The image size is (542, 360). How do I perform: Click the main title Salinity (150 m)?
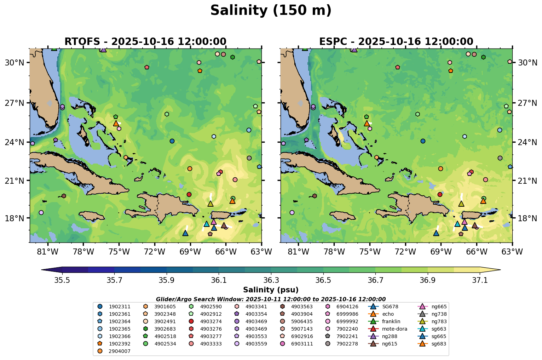click(x=271, y=11)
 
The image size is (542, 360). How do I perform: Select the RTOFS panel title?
click(x=145, y=42)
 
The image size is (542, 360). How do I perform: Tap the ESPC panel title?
click(x=396, y=42)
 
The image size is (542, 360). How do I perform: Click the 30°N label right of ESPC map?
click(x=527, y=63)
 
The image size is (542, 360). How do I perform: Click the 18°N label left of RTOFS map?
click(x=14, y=218)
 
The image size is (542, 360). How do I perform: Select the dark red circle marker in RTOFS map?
click(x=189, y=194)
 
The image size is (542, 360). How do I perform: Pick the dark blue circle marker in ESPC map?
click(x=423, y=141)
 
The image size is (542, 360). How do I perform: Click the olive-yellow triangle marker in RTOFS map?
click(x=211, y=204)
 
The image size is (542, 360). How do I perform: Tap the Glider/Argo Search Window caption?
click(x=271, y=299)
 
